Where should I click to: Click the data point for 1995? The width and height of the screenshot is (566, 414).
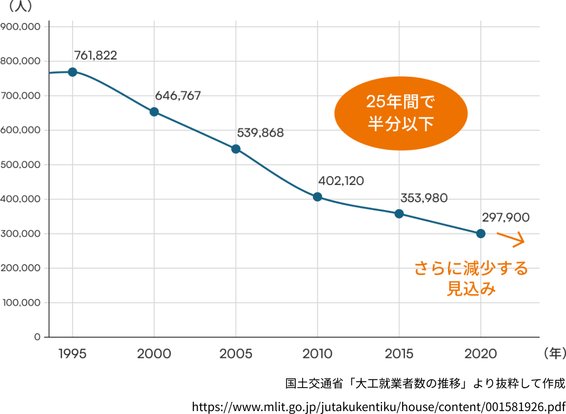[x=72, y=72]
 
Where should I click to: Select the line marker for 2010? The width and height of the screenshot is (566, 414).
[x=317, y=197]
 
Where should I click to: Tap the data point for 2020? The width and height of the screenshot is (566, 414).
[x=481, y=233]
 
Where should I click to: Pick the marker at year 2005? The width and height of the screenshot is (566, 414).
[x=236, y=149]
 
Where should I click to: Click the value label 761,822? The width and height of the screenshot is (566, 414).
[x=96, y=56]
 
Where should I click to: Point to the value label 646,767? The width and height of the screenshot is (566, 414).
[x=178, y=96]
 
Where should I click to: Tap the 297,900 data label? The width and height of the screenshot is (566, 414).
[x=505, y=218]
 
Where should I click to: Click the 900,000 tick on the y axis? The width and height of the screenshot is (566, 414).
[x=20, y=27]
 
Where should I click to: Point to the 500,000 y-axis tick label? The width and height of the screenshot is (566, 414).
[x=20, y=165]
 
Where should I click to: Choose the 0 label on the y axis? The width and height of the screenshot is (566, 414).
[x=37, y=337]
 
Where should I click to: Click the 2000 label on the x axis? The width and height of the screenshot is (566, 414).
[x=154, y=354]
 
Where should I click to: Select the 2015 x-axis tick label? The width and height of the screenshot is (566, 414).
[x=399, y=354]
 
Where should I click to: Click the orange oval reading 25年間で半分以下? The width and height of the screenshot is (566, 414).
[x=401, y=113]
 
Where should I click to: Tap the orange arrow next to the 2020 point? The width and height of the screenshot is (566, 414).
[x=511, y=238]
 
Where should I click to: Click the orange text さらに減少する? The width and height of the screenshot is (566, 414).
[x=471, y=269]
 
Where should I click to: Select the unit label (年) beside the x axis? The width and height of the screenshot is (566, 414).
[x=554, y=353]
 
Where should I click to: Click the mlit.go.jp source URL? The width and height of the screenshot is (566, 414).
[x=379, y=406]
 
